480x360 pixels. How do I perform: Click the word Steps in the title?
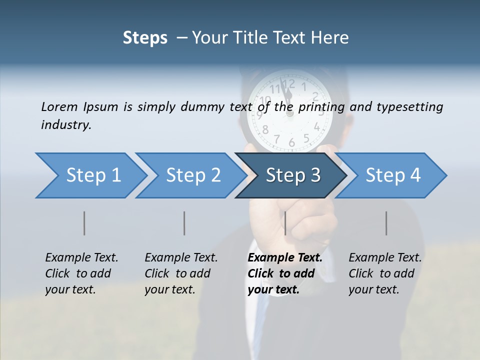coord(145,37)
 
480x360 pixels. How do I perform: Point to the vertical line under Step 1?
coord(84,223)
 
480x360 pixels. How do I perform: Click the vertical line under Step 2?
coord(184,223)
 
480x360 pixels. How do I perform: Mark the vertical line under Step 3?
coord(285,223)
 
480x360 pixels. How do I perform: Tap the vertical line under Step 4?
coord(386,223)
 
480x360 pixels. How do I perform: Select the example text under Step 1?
coord(81,273)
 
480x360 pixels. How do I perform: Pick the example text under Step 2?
coord(181,273)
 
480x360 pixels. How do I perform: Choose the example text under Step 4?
coord(385,273)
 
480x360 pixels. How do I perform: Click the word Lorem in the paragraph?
coord(59,106)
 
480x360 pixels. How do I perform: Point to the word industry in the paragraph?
coord(66,124)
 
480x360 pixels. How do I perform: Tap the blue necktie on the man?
coord(261,320)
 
